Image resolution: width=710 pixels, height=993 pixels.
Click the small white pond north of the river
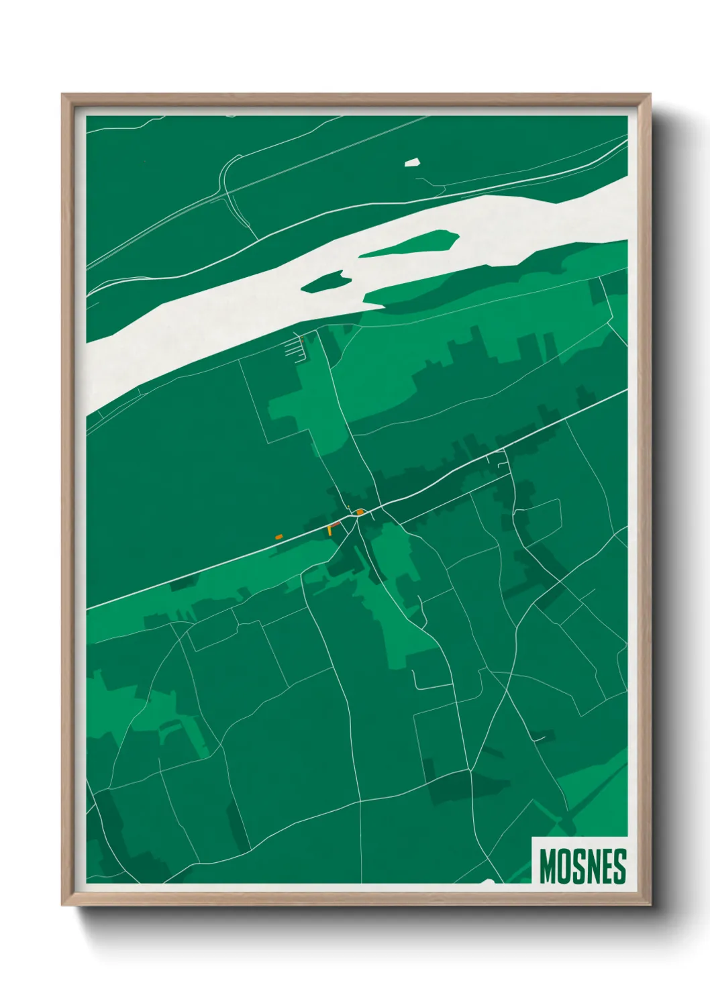411,162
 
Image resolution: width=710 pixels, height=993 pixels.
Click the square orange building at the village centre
360,512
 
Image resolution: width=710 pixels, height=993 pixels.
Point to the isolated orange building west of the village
279,537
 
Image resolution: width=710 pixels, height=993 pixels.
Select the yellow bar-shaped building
329,530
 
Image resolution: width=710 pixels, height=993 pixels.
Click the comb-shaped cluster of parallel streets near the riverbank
296,348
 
